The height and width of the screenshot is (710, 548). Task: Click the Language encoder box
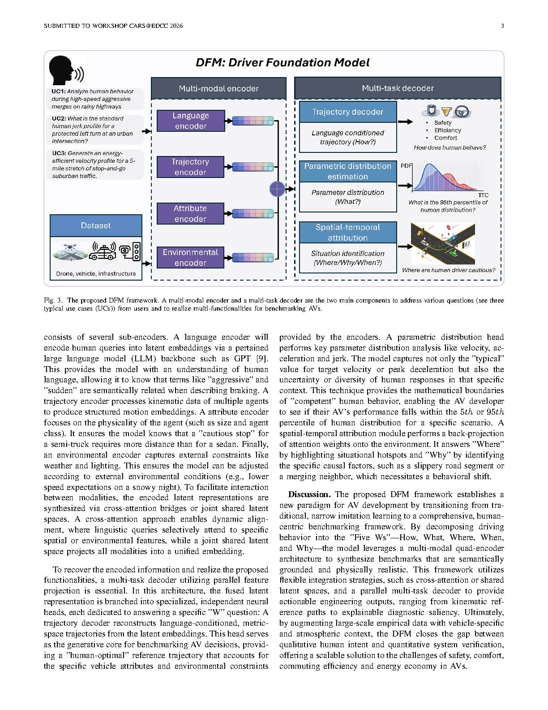[191, 121]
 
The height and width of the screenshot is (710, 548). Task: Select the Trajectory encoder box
[190, 167]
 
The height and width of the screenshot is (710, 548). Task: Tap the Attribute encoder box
[190, 213]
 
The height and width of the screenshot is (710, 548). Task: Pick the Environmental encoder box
[190, 257]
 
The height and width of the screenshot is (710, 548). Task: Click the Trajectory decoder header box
[347, 112]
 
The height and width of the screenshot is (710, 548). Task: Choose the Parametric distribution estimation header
[347, 171]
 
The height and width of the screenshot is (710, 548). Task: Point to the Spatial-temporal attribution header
[347, 232]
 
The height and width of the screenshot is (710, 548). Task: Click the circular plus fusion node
[278, 189]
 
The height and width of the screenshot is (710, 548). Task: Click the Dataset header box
[96, 225]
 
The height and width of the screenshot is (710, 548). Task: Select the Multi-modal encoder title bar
[218, 88]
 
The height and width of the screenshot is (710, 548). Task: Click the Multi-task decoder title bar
[398, 88]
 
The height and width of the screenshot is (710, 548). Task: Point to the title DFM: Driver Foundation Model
[283, 63]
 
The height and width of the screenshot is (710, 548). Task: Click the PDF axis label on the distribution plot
[406, 165]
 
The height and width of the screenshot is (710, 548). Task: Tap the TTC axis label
[483, 195]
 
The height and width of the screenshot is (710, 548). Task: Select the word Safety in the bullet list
[443, 123]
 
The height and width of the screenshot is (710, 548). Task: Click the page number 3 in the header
[502, 26]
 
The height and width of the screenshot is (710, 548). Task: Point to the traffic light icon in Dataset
[136, 252]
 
